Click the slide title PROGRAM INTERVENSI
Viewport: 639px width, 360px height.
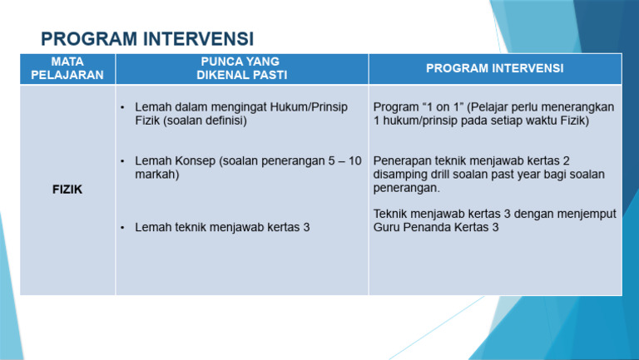147,39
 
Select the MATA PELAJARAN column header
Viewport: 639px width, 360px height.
67,68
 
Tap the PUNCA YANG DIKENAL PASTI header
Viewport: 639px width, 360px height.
241,68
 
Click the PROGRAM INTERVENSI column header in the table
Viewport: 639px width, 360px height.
494,68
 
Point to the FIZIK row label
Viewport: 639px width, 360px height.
67,190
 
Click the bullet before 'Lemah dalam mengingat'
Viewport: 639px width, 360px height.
122,108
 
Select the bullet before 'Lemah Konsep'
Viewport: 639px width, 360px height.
122,161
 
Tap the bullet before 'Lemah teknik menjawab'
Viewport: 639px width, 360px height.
122,227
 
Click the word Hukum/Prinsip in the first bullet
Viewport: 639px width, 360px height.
319,107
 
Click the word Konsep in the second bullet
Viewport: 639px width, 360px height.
193,160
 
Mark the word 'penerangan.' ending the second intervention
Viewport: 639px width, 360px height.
406,188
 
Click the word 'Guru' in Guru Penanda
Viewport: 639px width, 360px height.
387,227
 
